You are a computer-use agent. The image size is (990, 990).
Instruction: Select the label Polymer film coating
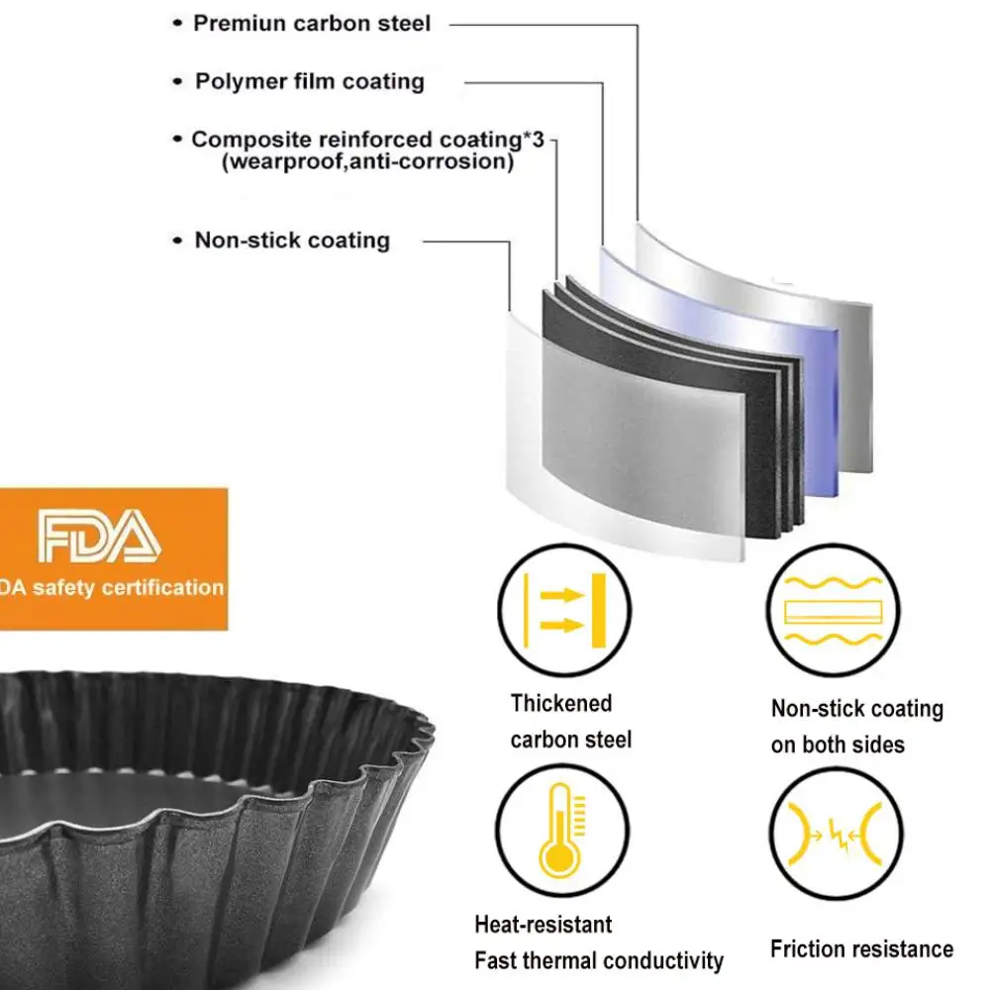click(x=309, y=81)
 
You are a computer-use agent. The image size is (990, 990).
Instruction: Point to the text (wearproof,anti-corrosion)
click(x=367, y=161)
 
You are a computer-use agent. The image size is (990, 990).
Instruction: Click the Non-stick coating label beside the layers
click(x=292, y=240)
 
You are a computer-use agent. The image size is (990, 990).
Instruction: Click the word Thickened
click(x=561, y=703)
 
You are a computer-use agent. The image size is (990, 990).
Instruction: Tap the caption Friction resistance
click(x=861, y=949)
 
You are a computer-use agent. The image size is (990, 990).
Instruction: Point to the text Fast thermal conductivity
click(x=598, y=960)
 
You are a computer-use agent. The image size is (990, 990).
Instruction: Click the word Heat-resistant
click(x=543, y=925)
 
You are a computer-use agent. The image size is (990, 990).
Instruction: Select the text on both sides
click(x=838, y=744)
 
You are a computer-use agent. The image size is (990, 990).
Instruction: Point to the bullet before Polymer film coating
click(x=178, y=82)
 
